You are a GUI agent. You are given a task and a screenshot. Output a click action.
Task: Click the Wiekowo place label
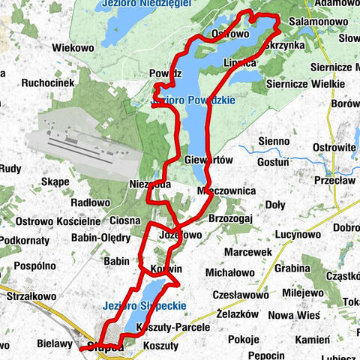tap(73, 48)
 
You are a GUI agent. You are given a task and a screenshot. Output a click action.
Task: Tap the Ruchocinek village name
tap(52, 83)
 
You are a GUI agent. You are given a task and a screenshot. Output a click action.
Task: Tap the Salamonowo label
tap(317, 23)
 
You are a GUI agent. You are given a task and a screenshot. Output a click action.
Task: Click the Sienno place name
tap(273, 141)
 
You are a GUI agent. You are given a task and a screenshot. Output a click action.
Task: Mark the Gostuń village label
tap(272, 161)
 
